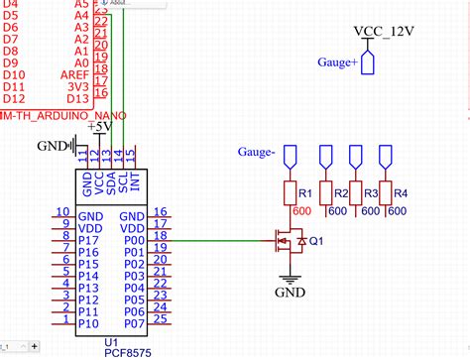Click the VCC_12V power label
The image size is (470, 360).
384,31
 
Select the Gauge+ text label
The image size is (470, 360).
338,62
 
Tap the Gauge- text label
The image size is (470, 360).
256,152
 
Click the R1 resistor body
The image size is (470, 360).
292,191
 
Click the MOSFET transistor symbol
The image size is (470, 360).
289,239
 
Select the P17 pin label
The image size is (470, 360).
88,239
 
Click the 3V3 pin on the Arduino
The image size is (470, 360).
77,86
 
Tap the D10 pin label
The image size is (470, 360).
13,74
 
